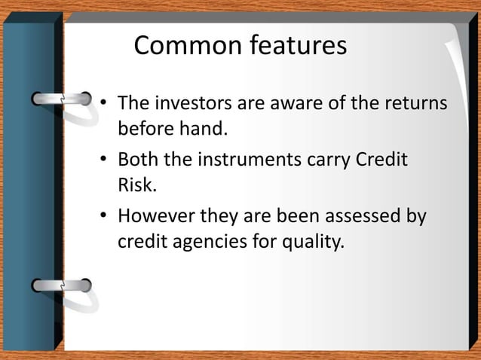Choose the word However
click(156, 217)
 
